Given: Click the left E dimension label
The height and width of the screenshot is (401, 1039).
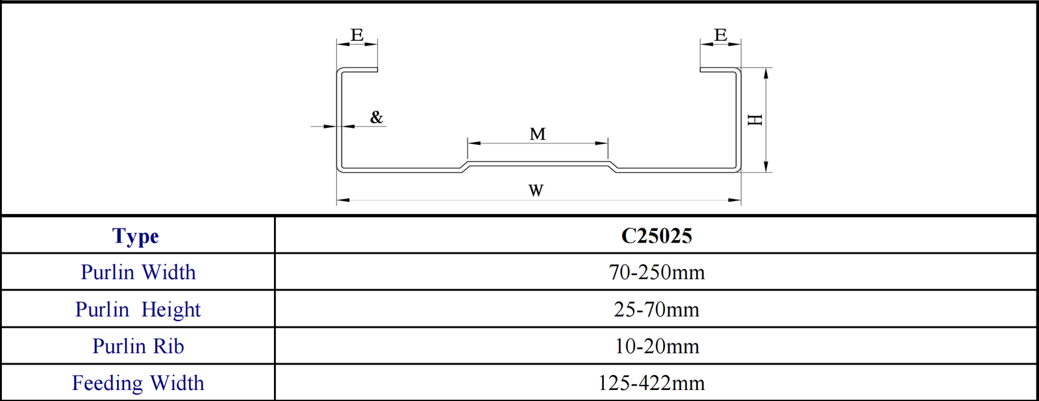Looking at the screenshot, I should pos(357,35).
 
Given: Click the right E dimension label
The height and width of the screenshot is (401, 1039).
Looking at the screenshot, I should pos(720,35).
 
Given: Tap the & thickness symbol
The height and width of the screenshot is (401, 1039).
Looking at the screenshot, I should pos(377,117).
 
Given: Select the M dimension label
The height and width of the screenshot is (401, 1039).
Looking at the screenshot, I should pos(538,134).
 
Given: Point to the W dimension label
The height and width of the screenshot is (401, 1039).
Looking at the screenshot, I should pos(536,191).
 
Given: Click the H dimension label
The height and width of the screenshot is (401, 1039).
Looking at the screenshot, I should pos(755,120).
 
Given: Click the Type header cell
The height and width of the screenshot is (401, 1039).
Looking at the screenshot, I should pos(136,236).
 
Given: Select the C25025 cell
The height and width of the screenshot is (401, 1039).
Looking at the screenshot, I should pos(657,236).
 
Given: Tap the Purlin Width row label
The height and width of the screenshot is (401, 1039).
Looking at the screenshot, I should pos(138,273).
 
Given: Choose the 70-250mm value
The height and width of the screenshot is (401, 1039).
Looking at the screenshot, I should pos(657,273).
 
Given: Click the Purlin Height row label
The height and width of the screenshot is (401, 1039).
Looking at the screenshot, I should pos(138,310).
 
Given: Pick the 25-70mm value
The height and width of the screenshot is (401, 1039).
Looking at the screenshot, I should pos(657,310).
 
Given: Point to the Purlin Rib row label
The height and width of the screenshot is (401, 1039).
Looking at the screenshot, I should pos(138,346).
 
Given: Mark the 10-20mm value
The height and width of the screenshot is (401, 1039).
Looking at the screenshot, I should pos(657,346).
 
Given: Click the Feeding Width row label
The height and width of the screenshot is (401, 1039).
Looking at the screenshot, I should pos(138,383).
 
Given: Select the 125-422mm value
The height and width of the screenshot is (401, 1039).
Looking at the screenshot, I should pos(651,383).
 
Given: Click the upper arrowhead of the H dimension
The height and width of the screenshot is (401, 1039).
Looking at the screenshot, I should pos(766,73).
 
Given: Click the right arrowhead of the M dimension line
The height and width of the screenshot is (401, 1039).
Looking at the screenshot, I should pos(602,143).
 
